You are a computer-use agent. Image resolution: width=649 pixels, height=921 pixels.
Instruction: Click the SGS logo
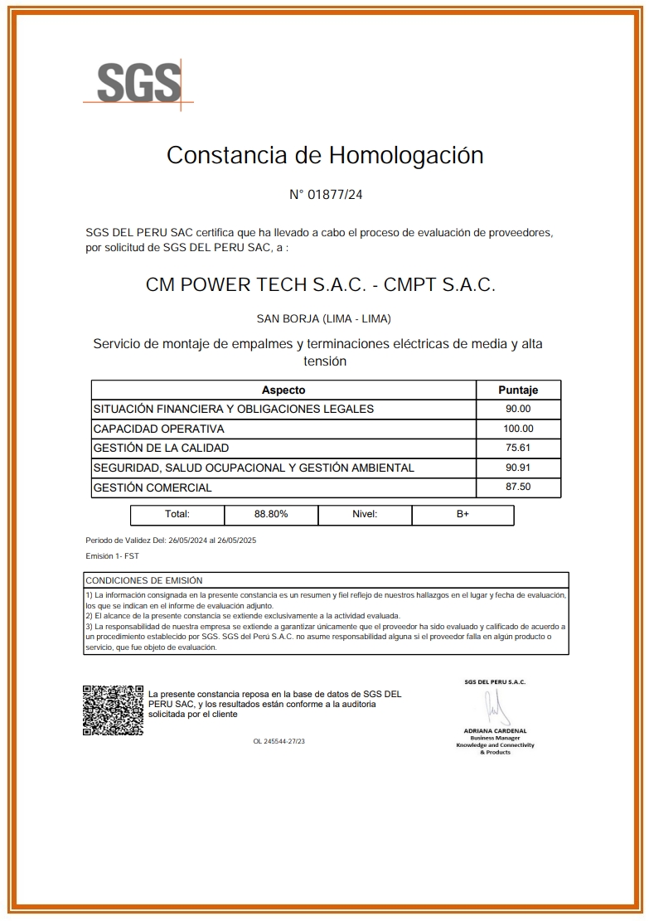138,82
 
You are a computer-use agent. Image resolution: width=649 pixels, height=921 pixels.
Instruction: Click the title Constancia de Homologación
325,155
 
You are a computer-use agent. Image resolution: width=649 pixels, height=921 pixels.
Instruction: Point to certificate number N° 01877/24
326,196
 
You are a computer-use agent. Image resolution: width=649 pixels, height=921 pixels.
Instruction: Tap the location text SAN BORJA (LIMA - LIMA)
324,319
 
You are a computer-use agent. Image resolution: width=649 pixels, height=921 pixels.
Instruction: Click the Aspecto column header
283,390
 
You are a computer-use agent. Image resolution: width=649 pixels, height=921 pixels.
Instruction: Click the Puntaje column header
518,390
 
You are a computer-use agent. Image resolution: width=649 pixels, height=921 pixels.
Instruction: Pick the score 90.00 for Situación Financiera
518,409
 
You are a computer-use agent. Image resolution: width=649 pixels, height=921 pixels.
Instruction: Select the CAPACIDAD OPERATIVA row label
159,429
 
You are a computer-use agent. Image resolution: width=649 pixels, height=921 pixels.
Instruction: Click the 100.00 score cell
518,429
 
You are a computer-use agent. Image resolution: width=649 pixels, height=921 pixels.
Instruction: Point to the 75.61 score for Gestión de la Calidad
518,448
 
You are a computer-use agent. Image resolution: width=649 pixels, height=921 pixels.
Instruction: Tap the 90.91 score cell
518,468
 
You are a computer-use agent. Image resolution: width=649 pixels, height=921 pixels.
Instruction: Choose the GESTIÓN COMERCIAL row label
153,487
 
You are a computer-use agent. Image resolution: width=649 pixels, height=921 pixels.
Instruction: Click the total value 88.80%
271,514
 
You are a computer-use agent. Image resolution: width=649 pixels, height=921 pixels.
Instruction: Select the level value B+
463,514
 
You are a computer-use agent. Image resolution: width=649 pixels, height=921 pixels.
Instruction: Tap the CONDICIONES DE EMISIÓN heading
144,580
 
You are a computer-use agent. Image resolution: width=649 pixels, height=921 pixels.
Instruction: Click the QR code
113,710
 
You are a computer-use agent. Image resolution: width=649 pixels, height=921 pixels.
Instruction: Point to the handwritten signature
495,706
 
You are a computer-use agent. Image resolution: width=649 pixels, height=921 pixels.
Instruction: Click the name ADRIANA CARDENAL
495,730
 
